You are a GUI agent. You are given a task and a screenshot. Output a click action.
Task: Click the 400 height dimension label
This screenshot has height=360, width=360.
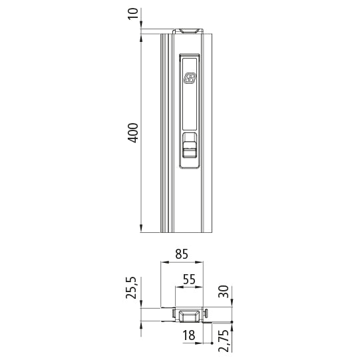[x=132, y=132]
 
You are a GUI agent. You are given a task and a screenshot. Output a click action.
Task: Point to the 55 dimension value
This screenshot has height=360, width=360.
[x=189, y=280]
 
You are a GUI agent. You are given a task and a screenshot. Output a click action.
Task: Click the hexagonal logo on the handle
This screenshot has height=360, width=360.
[x=189, y=79]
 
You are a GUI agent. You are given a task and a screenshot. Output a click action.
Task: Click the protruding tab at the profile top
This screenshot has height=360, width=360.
[x=189, y=31]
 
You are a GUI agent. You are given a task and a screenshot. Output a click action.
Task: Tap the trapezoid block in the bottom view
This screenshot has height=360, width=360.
[x=189, y=315]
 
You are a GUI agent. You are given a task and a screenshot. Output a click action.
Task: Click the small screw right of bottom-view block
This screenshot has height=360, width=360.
[x=208, y=311]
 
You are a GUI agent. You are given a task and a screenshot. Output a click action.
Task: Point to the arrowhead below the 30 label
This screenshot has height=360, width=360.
[x=231, y=305]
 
